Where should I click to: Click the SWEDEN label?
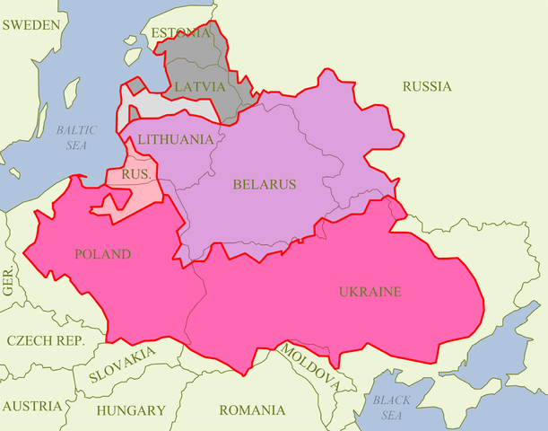pos(31,25)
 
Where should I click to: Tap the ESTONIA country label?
pos(181,33)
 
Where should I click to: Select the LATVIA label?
pos(199,86)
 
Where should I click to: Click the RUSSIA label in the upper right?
pos(427,86)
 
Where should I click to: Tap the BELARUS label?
pos(264,184)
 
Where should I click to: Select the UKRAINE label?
pos(370,292)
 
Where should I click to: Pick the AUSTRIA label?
pos(32,406)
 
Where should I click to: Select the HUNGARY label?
pos(131,410)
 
